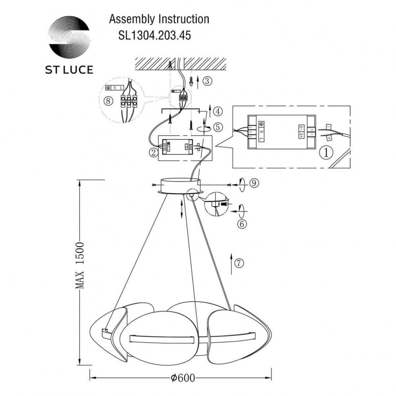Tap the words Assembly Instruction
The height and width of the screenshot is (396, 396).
pyautogui.click(x=158, y=19)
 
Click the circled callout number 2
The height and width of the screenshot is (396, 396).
pyautogui.click(x=154, y=153)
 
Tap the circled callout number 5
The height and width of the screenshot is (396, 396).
pyautogui.click(x=218, y=127)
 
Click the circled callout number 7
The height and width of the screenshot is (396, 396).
pyautogui.click(x=239, y=263)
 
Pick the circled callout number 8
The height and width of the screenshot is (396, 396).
pyautogui.click(x=108, y=101)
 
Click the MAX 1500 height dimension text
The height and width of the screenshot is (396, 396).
pyautogui.click(x=80, y=265)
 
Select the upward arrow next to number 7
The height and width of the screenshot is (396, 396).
pyautogui.click(x=231, y=263)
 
